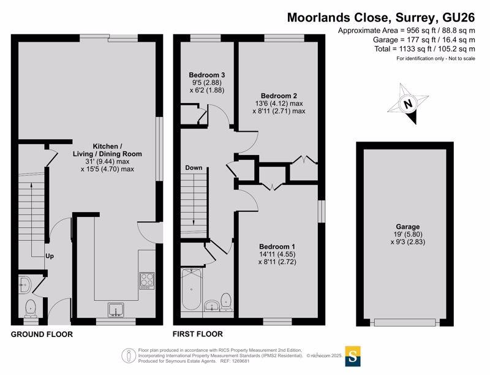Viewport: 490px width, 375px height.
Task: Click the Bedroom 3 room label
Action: point(207,75)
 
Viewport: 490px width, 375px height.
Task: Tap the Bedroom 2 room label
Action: point(279,96)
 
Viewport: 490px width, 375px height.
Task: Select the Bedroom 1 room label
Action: point(277,246)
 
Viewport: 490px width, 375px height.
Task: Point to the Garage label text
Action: point(408,227)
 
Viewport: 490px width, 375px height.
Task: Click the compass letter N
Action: point(407,104)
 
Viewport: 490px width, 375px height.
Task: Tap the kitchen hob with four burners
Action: point(147,281)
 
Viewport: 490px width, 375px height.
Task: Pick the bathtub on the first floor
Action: point(191,289)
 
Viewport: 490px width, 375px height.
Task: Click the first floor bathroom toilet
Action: point(226,301)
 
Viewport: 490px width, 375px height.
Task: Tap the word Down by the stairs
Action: point(194,168)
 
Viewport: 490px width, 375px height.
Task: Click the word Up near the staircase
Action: point(50,256)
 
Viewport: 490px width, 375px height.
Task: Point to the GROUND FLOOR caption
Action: point(42,335)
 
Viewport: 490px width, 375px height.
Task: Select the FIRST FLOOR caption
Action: point(198,334)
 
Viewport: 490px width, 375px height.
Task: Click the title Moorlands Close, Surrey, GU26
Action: point(381,18)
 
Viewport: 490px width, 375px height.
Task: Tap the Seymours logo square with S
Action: point(353,356)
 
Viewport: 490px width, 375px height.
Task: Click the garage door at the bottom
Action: point(405,322)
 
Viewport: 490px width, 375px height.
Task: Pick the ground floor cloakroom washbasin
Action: point(24,284)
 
